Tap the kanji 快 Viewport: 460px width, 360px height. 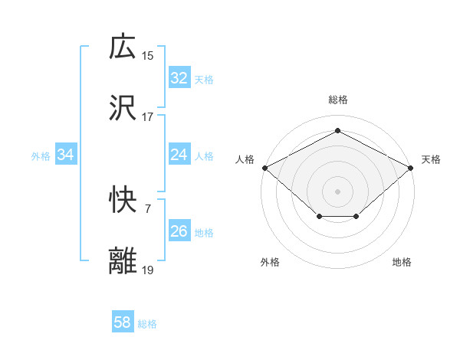coord(123,201)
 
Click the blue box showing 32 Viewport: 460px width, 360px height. coord(179,78)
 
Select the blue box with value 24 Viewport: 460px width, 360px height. coord(179,155)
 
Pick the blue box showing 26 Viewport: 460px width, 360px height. coord(179,231)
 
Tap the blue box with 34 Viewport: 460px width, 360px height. coord(66,155)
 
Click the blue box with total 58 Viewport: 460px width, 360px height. coord(123,322)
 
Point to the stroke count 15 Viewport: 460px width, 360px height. coord(148,56)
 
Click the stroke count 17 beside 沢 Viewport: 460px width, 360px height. coord(148,118)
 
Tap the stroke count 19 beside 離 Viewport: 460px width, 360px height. coord(148,270)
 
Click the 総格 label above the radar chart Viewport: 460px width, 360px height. coord(338,100)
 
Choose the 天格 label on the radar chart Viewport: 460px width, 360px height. coord(431,159)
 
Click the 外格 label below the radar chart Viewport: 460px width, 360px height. coord(270,263)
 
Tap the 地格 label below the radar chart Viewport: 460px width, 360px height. coord(402,263)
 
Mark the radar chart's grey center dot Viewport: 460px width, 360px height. coord(338,191)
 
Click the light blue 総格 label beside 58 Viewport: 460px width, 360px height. coord(147,324)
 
